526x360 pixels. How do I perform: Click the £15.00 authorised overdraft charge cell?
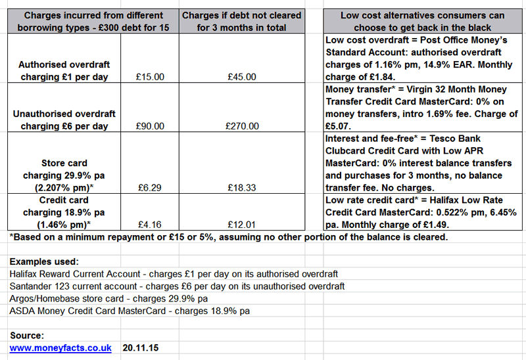(x=153, y=78)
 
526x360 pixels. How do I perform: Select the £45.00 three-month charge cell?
(x=241, y=78)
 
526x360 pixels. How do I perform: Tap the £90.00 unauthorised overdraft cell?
(x=153, y=126)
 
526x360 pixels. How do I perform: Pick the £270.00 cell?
(x=241, y=126)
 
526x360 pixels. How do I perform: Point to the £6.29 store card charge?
(x=153, y=187)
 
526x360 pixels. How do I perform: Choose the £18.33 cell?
(x=241, y=187)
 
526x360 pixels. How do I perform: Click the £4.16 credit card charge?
(x=153, y=224)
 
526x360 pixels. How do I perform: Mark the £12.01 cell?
(x=241, y=224)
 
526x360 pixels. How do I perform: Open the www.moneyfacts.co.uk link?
(x=60, y=348)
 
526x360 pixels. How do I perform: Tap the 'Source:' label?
(x=26, y=335)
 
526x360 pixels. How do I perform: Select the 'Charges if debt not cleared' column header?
(x=241, y=21)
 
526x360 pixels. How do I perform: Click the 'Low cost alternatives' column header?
(x=423, y=21)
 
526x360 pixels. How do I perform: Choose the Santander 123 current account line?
(x=177, y=286)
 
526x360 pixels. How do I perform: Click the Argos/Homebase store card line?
(x=108, y=299)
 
